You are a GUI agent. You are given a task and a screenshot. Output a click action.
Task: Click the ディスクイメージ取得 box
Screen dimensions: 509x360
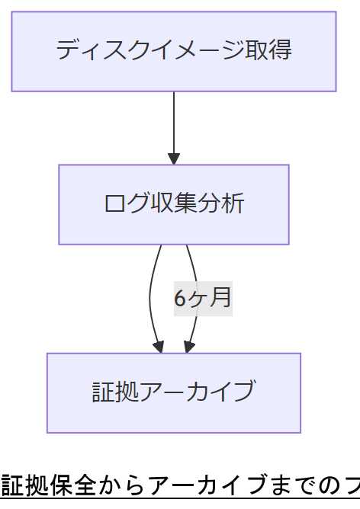click(174, 51)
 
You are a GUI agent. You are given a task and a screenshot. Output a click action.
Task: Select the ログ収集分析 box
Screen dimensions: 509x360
click(174, 204)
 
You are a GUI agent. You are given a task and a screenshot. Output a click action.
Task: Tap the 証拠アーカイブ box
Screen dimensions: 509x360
click(174, 392)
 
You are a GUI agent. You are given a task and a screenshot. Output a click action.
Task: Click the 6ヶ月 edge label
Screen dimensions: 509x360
click(203, 298)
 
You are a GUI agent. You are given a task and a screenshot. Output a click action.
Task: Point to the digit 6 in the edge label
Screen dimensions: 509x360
click(180, 298)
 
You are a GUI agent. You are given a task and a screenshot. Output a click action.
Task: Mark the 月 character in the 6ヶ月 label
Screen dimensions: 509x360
click(221, 298)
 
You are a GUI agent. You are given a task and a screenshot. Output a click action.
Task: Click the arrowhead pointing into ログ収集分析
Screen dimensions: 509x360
click(174, 158)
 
